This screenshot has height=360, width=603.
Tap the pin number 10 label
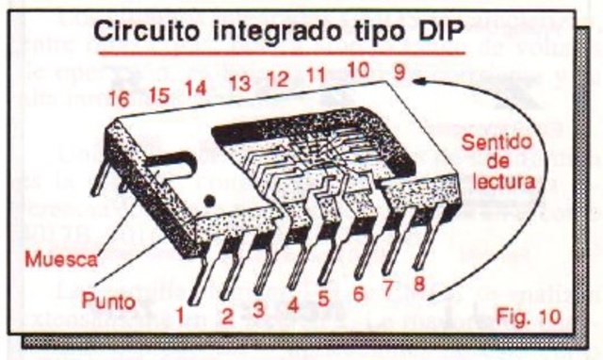pyautogui.click(x=357, y=69)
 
